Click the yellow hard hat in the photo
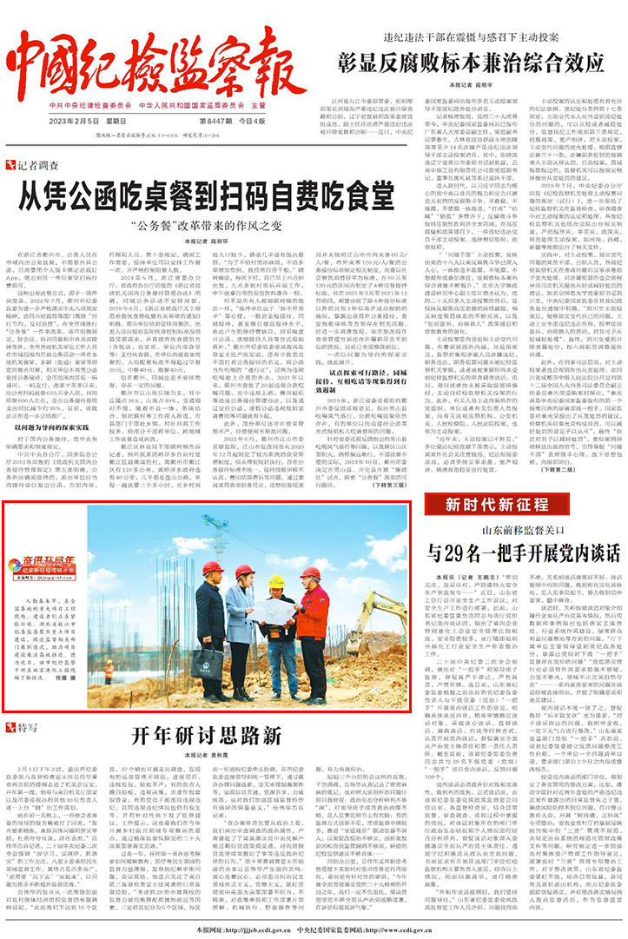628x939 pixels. coord(276,580)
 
